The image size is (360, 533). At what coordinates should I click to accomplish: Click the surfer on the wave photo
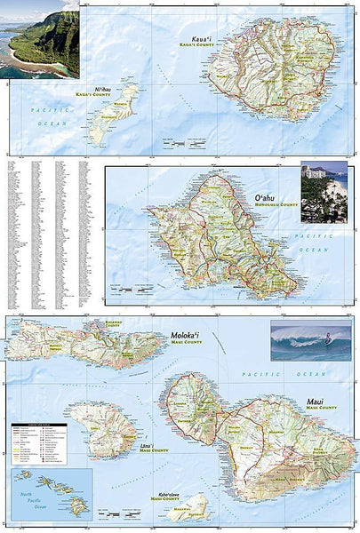310,342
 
